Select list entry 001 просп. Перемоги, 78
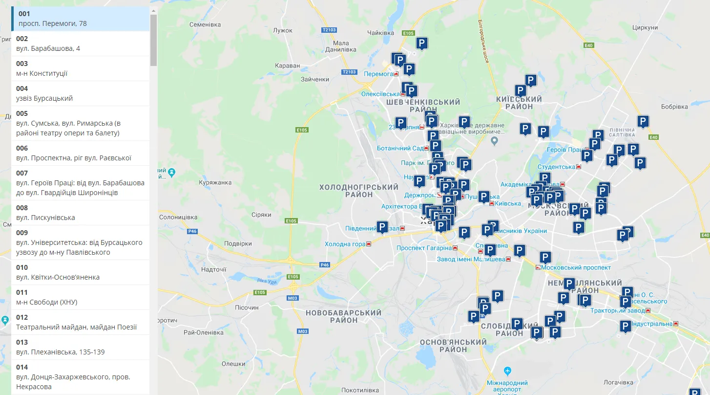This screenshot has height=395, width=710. click(81, 19)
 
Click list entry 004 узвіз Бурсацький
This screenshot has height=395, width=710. click(81, 93)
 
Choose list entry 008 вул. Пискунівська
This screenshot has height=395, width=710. click(81, 213)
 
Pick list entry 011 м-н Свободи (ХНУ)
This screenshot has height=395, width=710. click(81, 297)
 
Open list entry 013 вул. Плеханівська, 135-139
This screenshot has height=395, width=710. click(81, 347)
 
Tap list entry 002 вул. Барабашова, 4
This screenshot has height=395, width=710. click(81, 44)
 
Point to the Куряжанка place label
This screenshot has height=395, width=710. click(215, 182)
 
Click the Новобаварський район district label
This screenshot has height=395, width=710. click(343, 316)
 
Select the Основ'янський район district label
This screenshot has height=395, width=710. click(453, 346)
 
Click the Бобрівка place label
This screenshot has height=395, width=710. click(674, 107)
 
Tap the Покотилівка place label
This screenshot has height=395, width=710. click(360, 390)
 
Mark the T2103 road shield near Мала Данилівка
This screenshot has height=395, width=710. click(329, 30)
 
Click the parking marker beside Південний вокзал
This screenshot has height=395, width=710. click(382, 227)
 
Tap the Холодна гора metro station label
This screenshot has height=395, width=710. click(345, 244)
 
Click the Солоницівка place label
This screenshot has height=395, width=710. click(178, 217)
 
